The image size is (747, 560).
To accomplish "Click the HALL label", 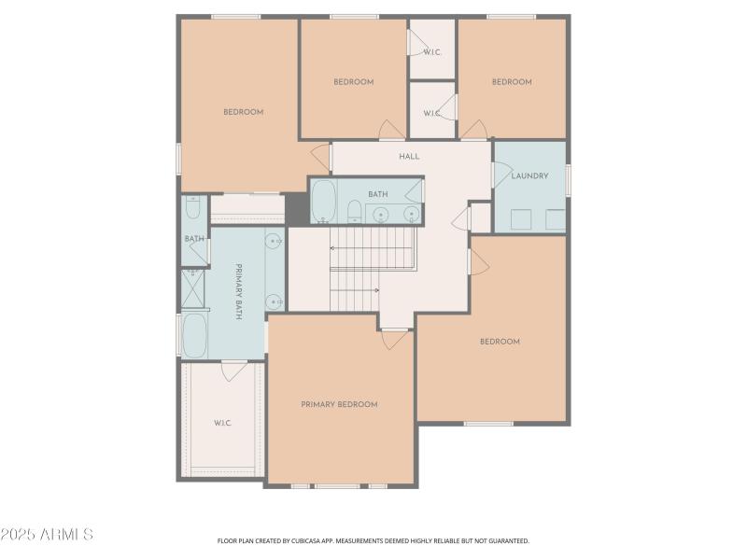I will coord(409,156).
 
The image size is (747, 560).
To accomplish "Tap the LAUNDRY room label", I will coord(529,175).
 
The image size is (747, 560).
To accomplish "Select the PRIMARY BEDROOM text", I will coord(339,404).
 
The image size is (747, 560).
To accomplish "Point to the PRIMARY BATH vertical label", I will coord(239,292).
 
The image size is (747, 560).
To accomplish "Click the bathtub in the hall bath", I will coord(323,200).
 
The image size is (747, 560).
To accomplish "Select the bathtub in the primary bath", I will coord(194,335).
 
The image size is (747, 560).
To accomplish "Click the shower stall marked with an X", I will coord(194,289).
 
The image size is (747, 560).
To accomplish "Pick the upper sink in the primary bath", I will coord(274,242).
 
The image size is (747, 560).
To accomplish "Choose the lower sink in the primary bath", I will coord(274,301).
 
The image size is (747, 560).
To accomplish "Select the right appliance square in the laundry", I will coord(555,220).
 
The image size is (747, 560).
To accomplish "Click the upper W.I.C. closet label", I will coord(431,52).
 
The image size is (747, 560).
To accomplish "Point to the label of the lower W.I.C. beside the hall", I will coord(431,113).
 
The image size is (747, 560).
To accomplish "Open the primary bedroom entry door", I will coord(395,339).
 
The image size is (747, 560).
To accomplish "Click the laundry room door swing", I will coord(501,175).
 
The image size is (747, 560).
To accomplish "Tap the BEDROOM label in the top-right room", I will coord(512,82).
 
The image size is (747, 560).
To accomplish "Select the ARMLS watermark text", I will coord(47,535).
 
